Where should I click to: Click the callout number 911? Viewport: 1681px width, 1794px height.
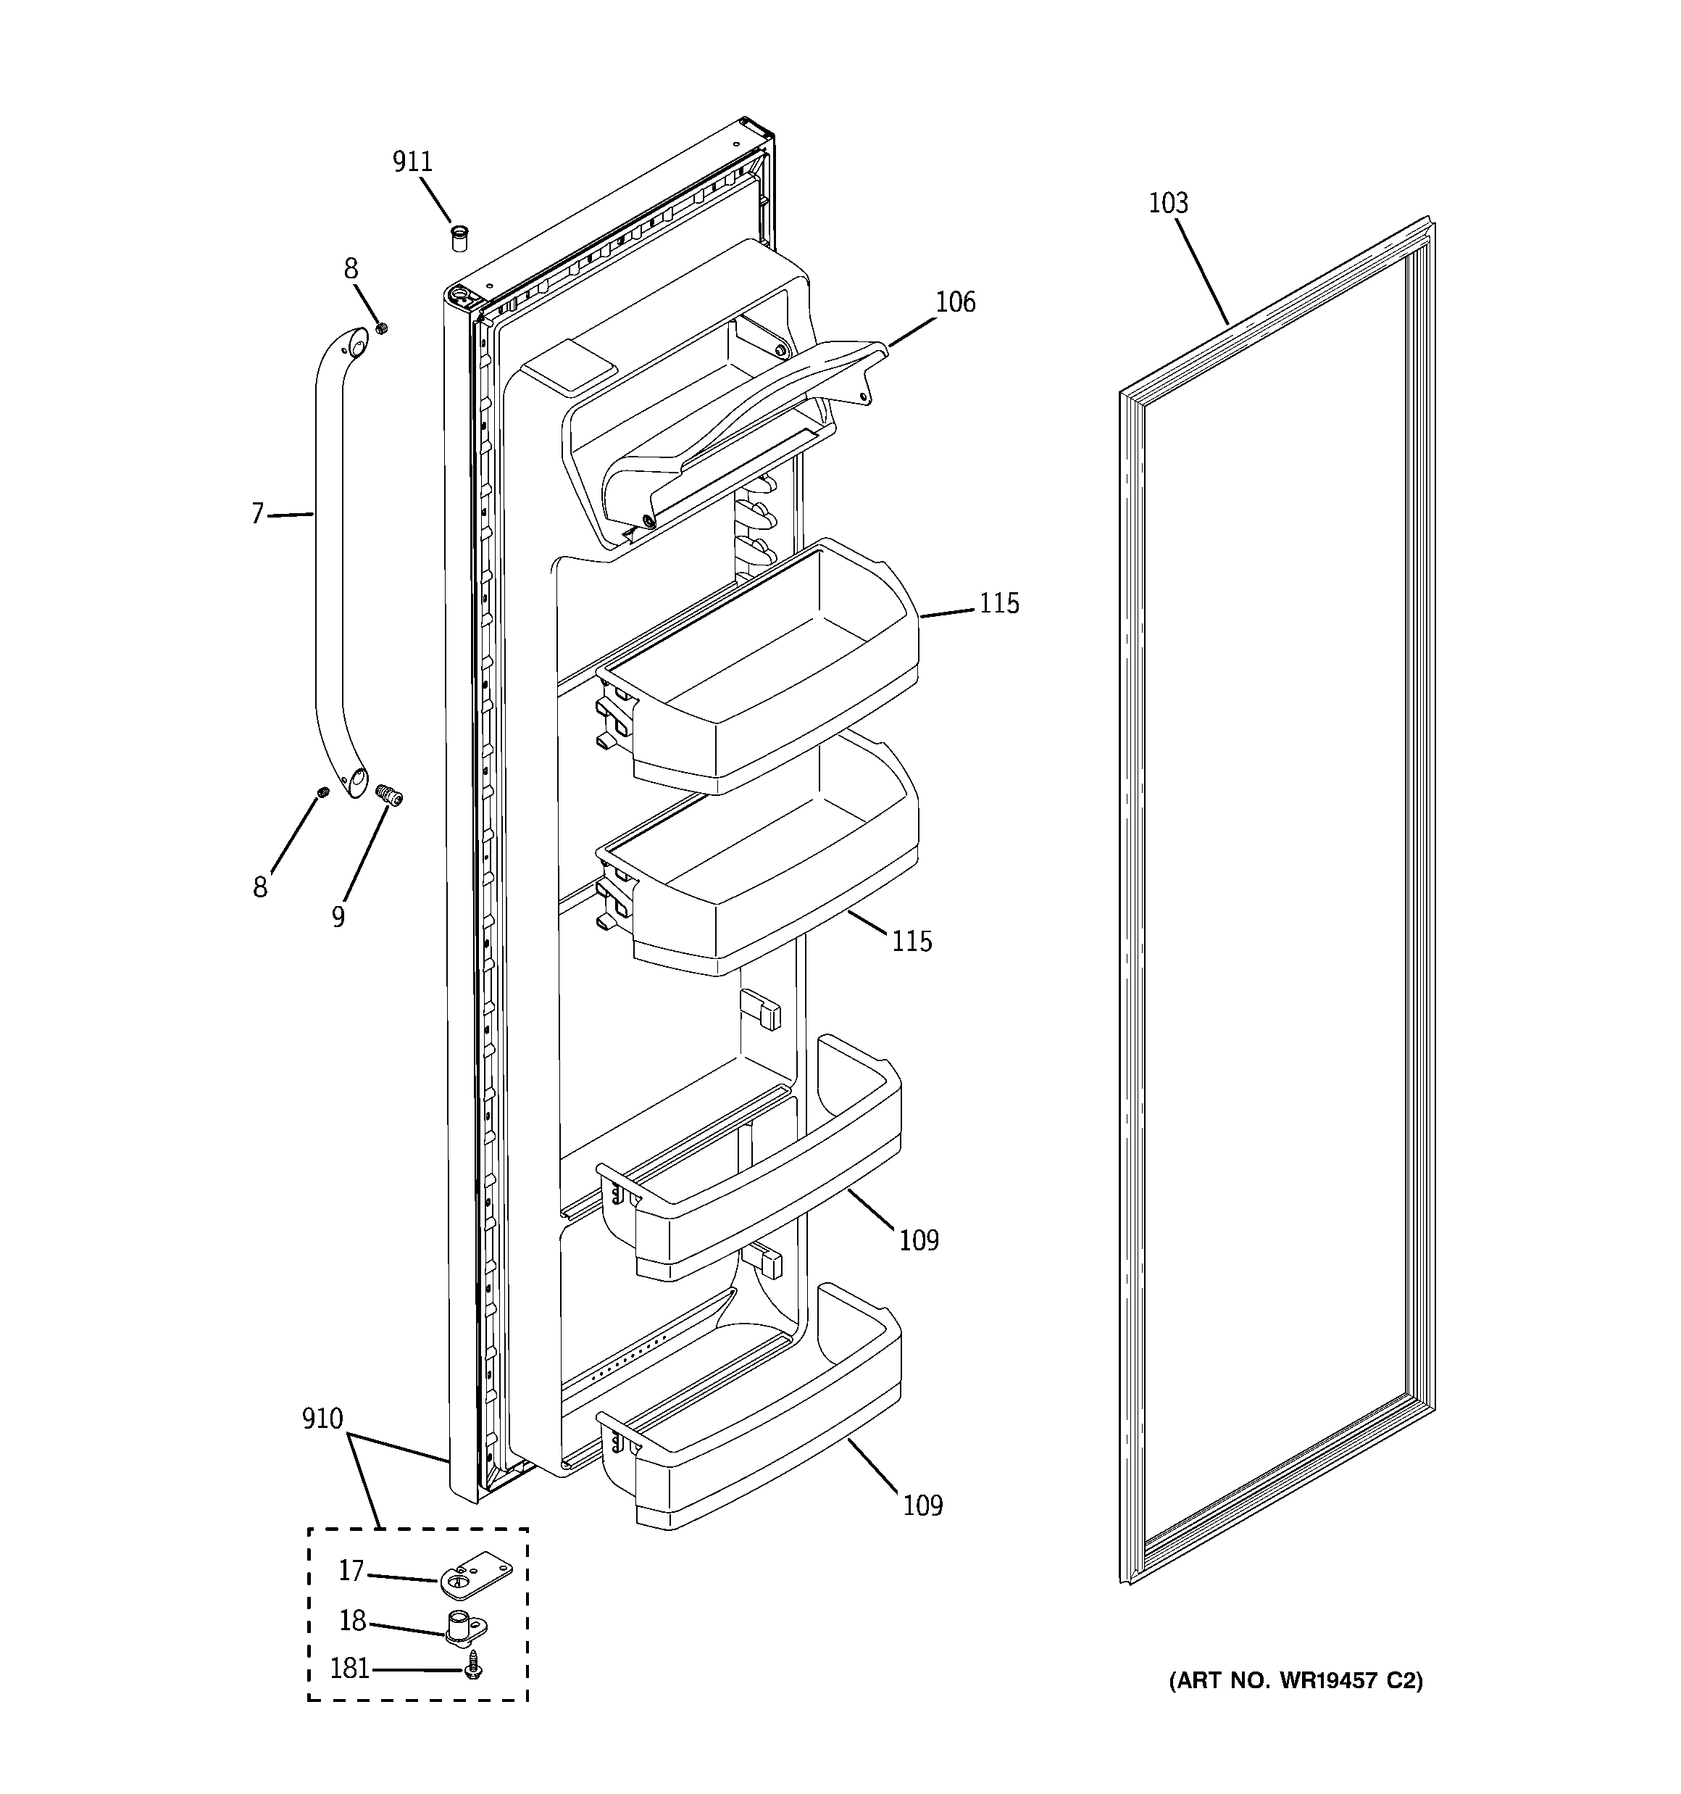[x=412, y=162]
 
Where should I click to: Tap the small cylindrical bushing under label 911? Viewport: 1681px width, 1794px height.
[x=459, y=240]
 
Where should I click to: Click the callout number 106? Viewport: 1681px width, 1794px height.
[x=955, y=302]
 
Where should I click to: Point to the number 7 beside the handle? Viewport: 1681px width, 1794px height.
[x=257, y=515]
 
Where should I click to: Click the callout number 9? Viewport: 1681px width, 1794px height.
[x=338, y=917]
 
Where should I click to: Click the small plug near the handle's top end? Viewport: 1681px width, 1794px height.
[x=381, y=327]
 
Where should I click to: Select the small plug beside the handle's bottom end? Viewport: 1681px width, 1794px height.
[x=322, y=792]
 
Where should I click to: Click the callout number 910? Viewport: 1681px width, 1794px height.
[x=322, y=1419]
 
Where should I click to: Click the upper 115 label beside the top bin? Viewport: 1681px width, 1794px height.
[x=999, y=603]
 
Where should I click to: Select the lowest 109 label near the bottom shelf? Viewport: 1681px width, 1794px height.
[x=922, y=1506]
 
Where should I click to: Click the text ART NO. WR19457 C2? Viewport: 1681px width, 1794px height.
[x=1296, y=1680]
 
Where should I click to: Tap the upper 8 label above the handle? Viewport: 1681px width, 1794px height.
[x=350, y=269]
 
